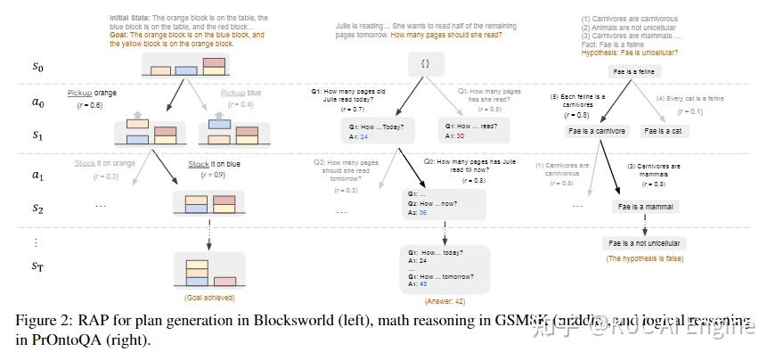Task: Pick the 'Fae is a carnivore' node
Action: pyautogui.click(x=596, y=131)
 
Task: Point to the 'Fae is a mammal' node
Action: pyautogui.click(x=644, y=206)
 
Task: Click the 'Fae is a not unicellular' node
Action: pyautogui.click(x=644, y=242)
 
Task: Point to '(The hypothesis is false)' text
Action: pyautogui.click(x=644, y=258)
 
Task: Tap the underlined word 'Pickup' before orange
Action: pyautogui.click(x=81, y=94)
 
